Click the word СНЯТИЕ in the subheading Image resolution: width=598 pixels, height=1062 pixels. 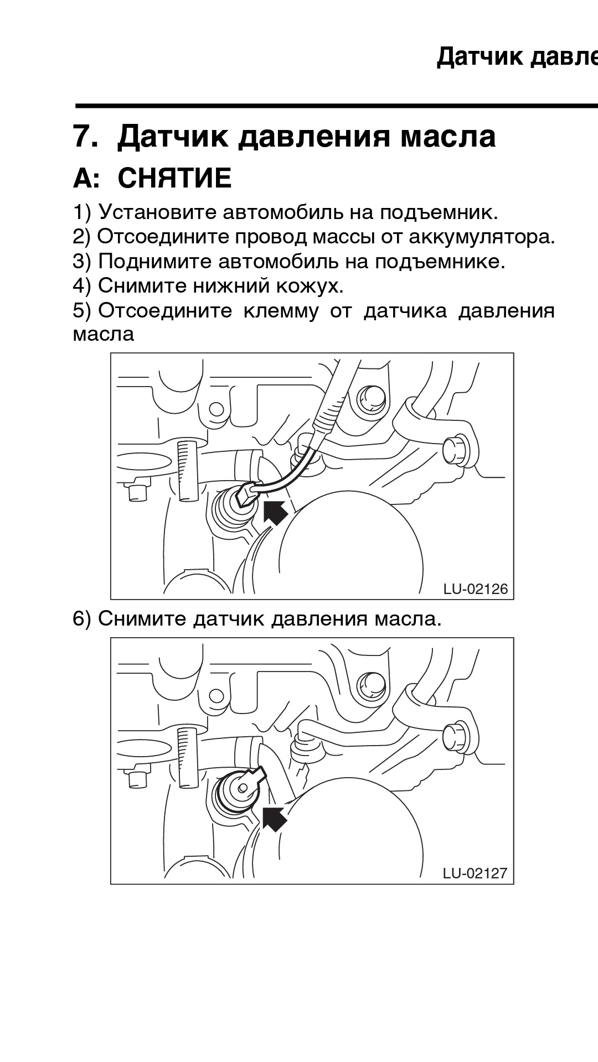click(x=174, y=179)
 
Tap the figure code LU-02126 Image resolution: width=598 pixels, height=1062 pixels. click(x=475, y=589)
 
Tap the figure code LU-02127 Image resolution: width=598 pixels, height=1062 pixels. click(x=475, y=873)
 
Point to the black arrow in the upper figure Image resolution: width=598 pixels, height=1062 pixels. click(x=275, y=512)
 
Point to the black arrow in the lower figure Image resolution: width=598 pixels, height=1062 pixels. click(x=274, y=818)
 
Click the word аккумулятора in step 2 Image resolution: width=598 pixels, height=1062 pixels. click(x=482, y=237)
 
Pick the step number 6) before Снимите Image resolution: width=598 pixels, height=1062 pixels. click(x=81, y=618)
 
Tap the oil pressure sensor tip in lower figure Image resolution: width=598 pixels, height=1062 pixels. click(x=242, y=785)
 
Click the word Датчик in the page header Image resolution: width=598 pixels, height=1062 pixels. click(x=480, y=56)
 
